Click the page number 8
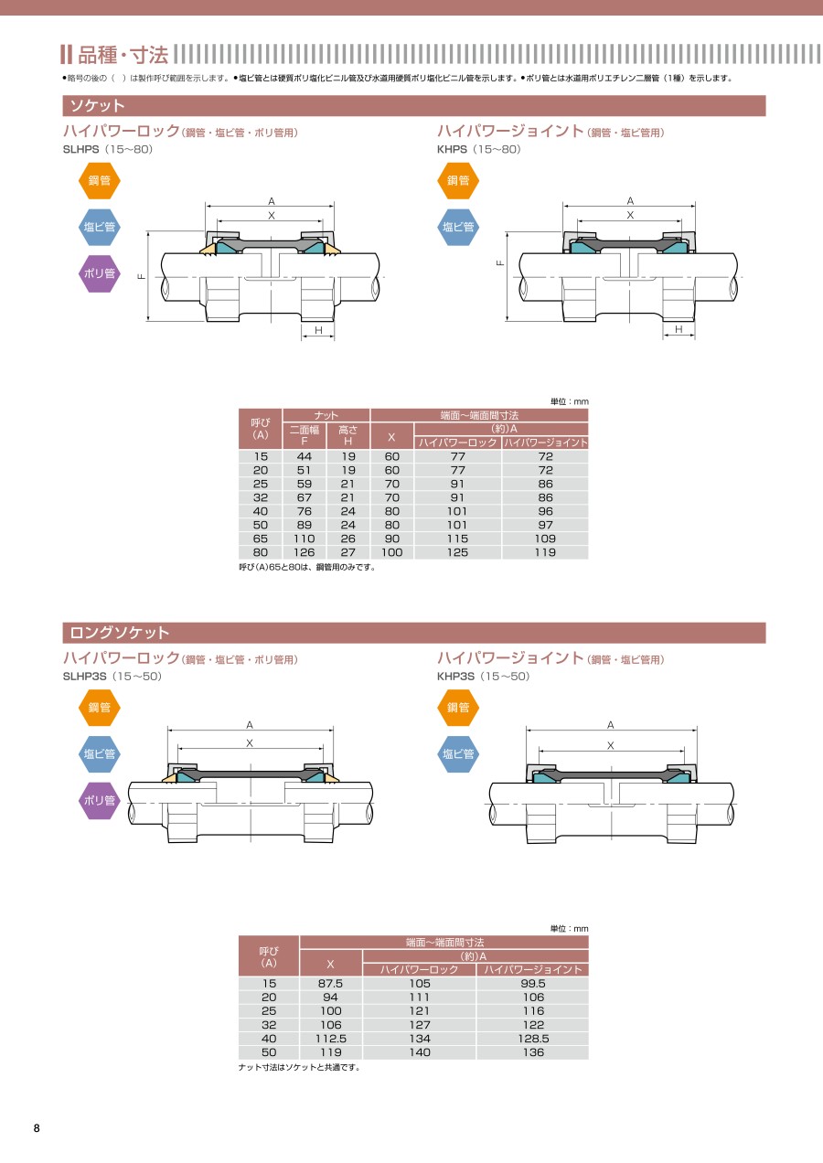point(37,1127)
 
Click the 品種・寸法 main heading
point(123,55)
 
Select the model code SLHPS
point(80,150)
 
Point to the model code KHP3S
point(455,677)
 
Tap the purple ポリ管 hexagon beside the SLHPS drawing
point(99,273)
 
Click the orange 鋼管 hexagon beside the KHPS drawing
point(458,180)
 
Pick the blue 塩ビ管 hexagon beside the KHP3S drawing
point(458,754)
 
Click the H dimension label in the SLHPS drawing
point(318,330)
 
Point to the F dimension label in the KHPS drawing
point(500,262)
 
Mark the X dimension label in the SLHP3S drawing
point(250,743)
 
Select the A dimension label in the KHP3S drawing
point(610,725)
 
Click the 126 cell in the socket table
point(304,552)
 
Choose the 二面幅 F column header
point(305,435)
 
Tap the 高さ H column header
point(347,435)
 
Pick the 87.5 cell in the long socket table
point(330,984)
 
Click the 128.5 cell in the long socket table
point(533,1039)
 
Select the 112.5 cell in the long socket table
point(330,1039)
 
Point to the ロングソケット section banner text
point(120,633)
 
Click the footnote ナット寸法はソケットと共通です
point(299,1067)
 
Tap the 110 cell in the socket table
point(304,539)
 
